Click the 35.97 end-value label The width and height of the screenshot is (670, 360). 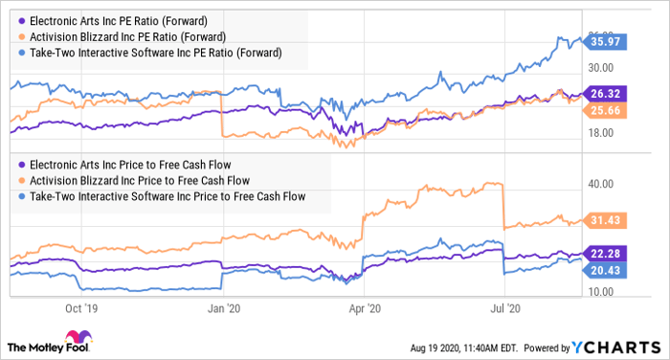pos(606,42)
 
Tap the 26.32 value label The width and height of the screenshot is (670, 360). pos(606,94)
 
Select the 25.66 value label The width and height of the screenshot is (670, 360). pos(606,111)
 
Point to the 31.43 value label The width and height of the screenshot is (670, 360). pos(606,221)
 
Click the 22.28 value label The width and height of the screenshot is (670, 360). pos(606,253)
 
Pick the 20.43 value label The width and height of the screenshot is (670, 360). pos(606,270)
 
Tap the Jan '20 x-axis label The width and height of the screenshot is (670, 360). pos(223,308)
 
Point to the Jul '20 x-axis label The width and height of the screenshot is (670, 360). pos(503,308)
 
